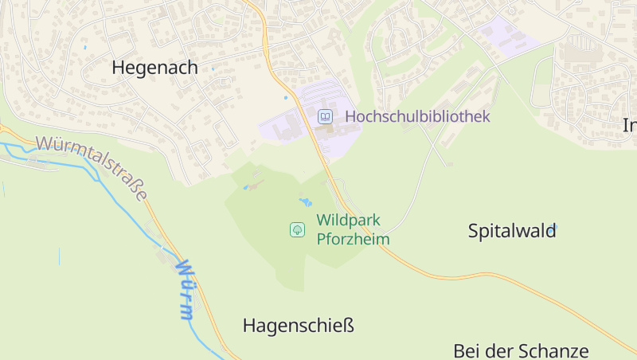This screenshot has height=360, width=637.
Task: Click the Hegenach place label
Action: tap(154, 68)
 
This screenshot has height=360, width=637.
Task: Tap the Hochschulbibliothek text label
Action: tap(416, 116)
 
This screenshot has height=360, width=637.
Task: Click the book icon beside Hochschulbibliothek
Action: tap(325, 117)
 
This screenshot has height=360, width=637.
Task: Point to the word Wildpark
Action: tap(349, 221)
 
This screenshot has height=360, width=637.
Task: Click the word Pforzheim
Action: tap(353, 239)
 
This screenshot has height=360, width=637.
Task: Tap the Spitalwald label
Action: tap(511, 232)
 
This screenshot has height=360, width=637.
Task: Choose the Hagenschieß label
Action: tap(298, 326)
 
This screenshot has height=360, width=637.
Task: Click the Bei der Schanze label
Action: tap(521, 351)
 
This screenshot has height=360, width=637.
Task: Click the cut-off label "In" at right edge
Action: tap(630, 125)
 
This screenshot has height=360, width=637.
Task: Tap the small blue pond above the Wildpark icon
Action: tap(305, 202)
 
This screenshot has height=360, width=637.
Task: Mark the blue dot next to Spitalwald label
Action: tap(554, 229)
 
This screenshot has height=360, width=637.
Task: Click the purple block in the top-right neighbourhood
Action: tap(505, 37)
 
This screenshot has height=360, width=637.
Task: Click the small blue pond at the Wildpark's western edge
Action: tap(248, 188)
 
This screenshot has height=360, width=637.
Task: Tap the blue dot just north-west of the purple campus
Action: tap(286, 98)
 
